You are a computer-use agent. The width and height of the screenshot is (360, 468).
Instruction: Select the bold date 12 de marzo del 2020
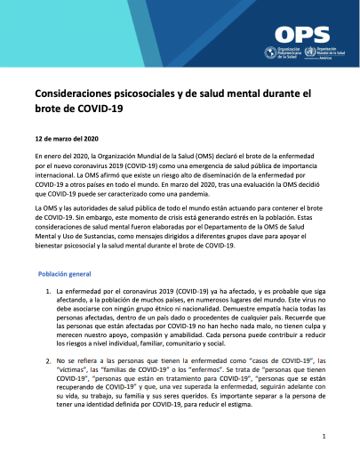(69, 140)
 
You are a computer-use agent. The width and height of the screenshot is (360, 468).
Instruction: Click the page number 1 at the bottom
(325, 437)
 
